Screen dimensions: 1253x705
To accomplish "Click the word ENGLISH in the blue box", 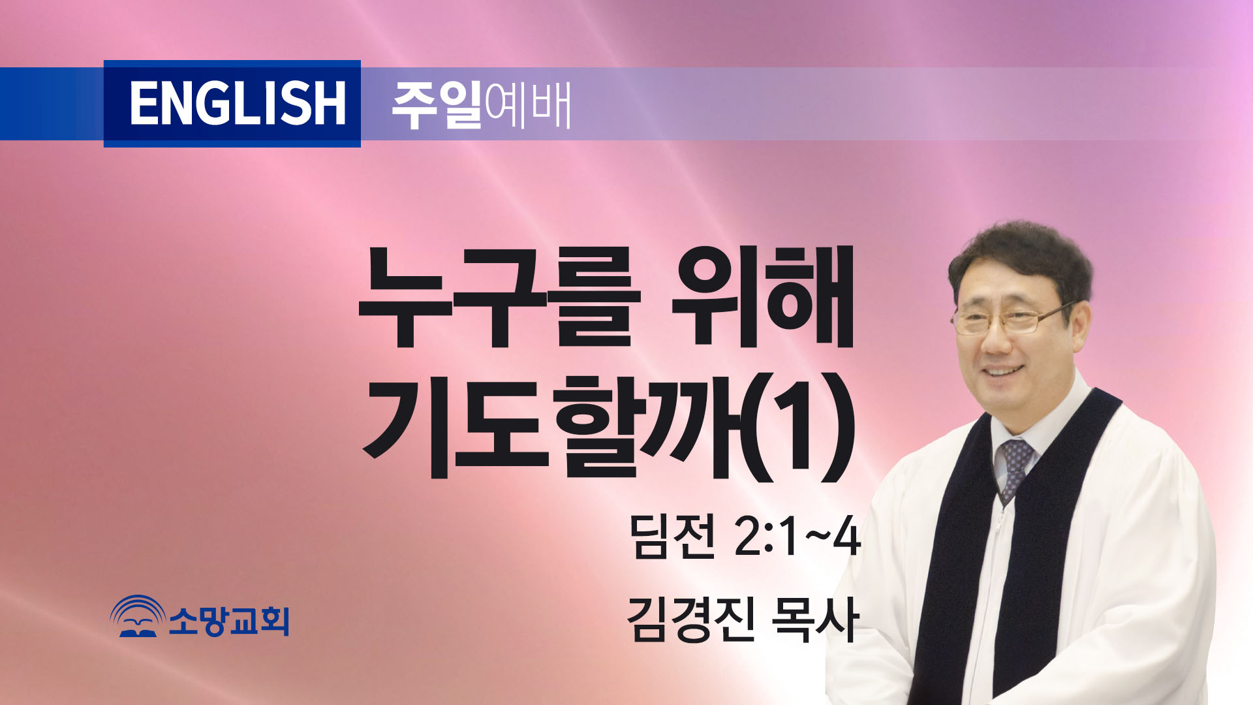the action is point(238,103).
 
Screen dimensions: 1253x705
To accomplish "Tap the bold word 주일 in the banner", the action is point(437,104).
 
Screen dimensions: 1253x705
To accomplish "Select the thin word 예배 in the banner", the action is point(528,104).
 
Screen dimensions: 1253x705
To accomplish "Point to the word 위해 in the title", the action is point(763,297).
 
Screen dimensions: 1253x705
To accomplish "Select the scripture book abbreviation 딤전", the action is point(672,535).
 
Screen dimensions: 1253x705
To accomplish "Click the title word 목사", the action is point(814,619).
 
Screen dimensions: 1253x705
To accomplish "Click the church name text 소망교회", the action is point(229,620).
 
